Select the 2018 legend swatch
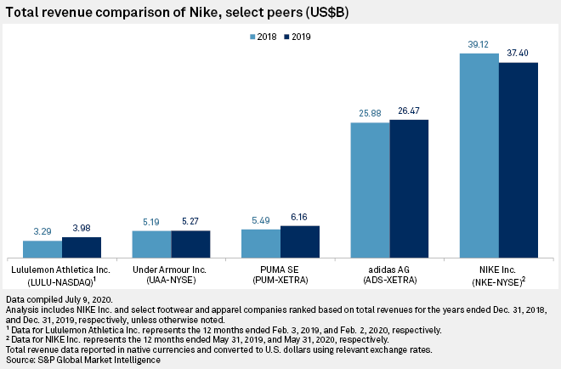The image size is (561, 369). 252,37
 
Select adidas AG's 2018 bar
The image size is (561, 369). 370,190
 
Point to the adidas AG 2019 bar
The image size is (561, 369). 409,189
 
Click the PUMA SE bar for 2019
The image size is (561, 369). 299,241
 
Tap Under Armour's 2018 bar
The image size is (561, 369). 151,244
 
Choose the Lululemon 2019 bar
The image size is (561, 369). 81,247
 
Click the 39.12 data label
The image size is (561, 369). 479,46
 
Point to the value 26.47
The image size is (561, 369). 409,111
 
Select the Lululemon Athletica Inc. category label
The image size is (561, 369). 62,269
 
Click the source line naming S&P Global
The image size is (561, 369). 82,360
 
